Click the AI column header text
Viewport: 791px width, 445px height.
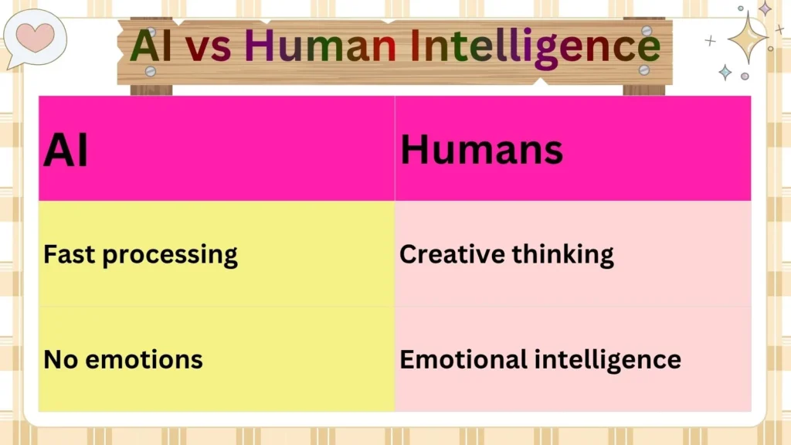66,150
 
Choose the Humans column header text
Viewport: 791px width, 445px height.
481,148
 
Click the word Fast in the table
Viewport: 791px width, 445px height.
70,254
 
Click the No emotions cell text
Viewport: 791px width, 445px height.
123,359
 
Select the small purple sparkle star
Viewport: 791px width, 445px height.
765,8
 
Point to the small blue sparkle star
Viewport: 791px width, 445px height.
725,72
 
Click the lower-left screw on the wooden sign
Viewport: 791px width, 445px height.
151,71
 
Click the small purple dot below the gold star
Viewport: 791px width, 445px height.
745,76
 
